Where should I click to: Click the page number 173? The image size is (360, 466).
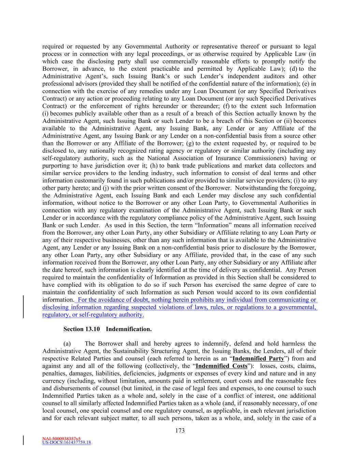coord(180,430)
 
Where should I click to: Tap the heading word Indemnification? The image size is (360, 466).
coord(129,329)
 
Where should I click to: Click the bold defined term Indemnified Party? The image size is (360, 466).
coord(258,358)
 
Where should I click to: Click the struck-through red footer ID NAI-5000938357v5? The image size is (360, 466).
coord(61,438)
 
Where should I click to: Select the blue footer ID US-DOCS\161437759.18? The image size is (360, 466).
coord(67,443)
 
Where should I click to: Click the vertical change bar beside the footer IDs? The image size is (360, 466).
coord(23,440)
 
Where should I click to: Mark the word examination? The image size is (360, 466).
coord(165,210)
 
